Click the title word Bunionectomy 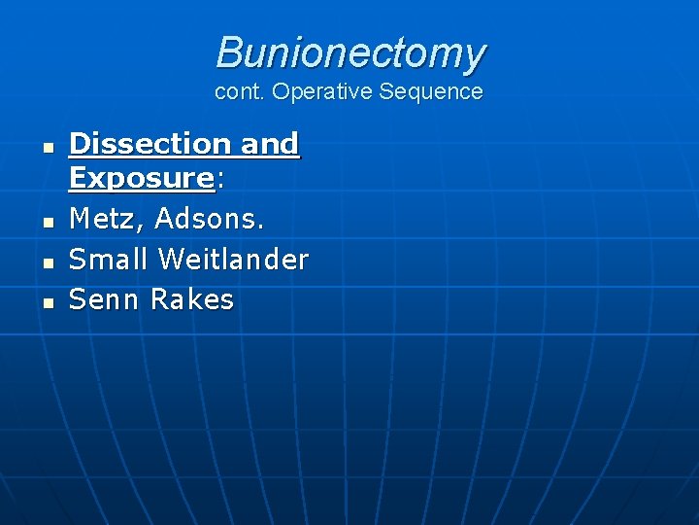click(349, 52)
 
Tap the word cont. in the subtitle click(241, 92)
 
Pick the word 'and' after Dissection click(269, 144)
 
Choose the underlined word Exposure click(142, 178)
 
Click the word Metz click(104, 220)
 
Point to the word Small click(109, 260)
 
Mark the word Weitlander click(233, 260)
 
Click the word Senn click(105, 299)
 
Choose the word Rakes click(192, 299)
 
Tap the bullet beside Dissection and click(46, 147)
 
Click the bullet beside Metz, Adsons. click(46, 223)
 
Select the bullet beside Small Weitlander click(46, 262)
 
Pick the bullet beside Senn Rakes click(46, 302)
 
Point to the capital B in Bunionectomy click(229, 52)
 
